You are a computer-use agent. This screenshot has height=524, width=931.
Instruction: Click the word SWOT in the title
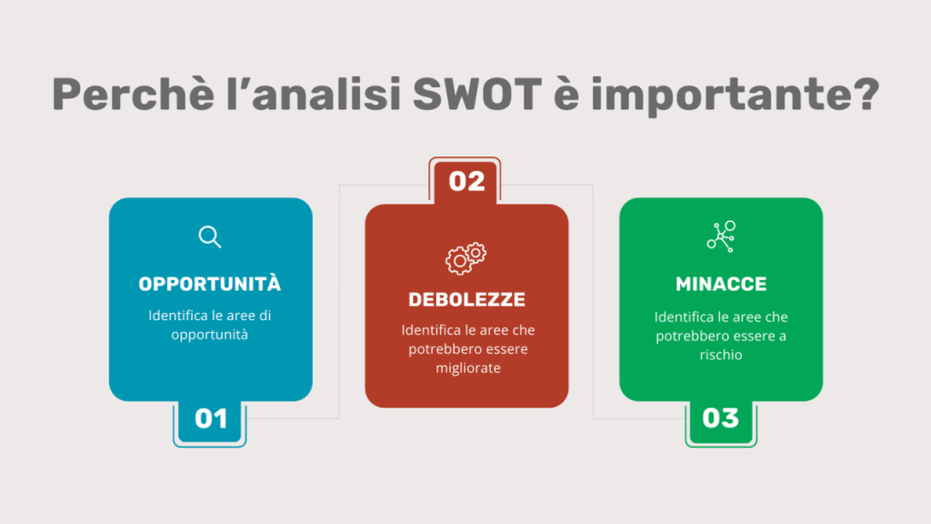click(x=476, y=94)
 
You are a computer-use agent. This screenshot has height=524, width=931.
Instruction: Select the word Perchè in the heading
click(x=133, y=94)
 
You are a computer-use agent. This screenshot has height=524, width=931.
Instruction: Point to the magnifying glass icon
click(x=210, y=237)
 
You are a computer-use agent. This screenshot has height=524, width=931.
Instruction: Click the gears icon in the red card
click(x=466, y=258)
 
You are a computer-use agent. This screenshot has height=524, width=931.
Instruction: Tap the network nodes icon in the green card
click(x=721, y=237)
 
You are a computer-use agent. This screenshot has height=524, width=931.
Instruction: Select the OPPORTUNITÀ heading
click(x=210, y=284)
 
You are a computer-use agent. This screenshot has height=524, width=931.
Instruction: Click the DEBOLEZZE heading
click(x=466, y=298)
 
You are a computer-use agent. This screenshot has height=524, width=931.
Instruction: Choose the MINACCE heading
click(x=721, y=284)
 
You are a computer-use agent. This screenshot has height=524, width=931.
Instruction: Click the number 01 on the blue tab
click(x=211, y=418)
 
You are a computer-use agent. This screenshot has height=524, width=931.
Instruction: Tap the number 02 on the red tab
click(x=466, y=182)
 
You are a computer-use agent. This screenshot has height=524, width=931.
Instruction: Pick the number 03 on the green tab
click(x=720, y=418)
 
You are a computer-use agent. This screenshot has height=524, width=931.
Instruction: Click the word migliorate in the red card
click(x=468, y=368)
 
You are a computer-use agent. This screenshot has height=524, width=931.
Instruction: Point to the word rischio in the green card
click(x=721, y=355)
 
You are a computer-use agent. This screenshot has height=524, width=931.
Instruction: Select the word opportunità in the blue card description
click(x=210, y=335)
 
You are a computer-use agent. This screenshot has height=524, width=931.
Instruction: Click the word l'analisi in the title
click(x=313, y=94)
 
